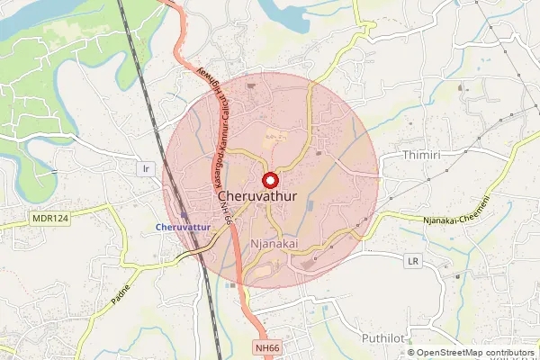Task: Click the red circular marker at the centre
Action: click(268, 178)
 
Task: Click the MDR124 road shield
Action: click(49, 218)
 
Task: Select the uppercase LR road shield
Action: click(413, 261)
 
